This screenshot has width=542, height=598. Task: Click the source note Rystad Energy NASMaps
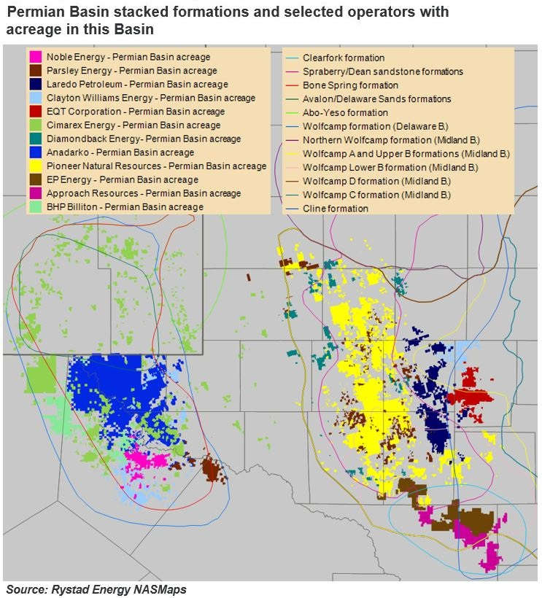pos(96,589)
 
